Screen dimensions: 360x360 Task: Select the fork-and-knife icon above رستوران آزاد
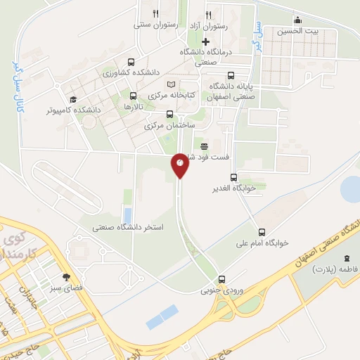[x=208, y=14]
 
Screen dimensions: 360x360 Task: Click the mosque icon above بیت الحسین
[x=297, y=20]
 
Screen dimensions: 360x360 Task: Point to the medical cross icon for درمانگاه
[x=205, y=41]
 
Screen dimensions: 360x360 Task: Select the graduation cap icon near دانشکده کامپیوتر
[x=72, y=99]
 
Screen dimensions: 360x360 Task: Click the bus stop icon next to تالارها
[x=133, y=95]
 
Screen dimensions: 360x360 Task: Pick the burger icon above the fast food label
[x=204, y=146]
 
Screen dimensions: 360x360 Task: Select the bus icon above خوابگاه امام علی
[x=262, y=231]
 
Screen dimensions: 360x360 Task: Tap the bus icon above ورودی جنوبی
[x=222, y=278]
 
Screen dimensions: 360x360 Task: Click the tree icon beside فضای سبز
[x=67, y=277]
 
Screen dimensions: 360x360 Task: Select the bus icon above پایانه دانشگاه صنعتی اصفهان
[x=231, y=76]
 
